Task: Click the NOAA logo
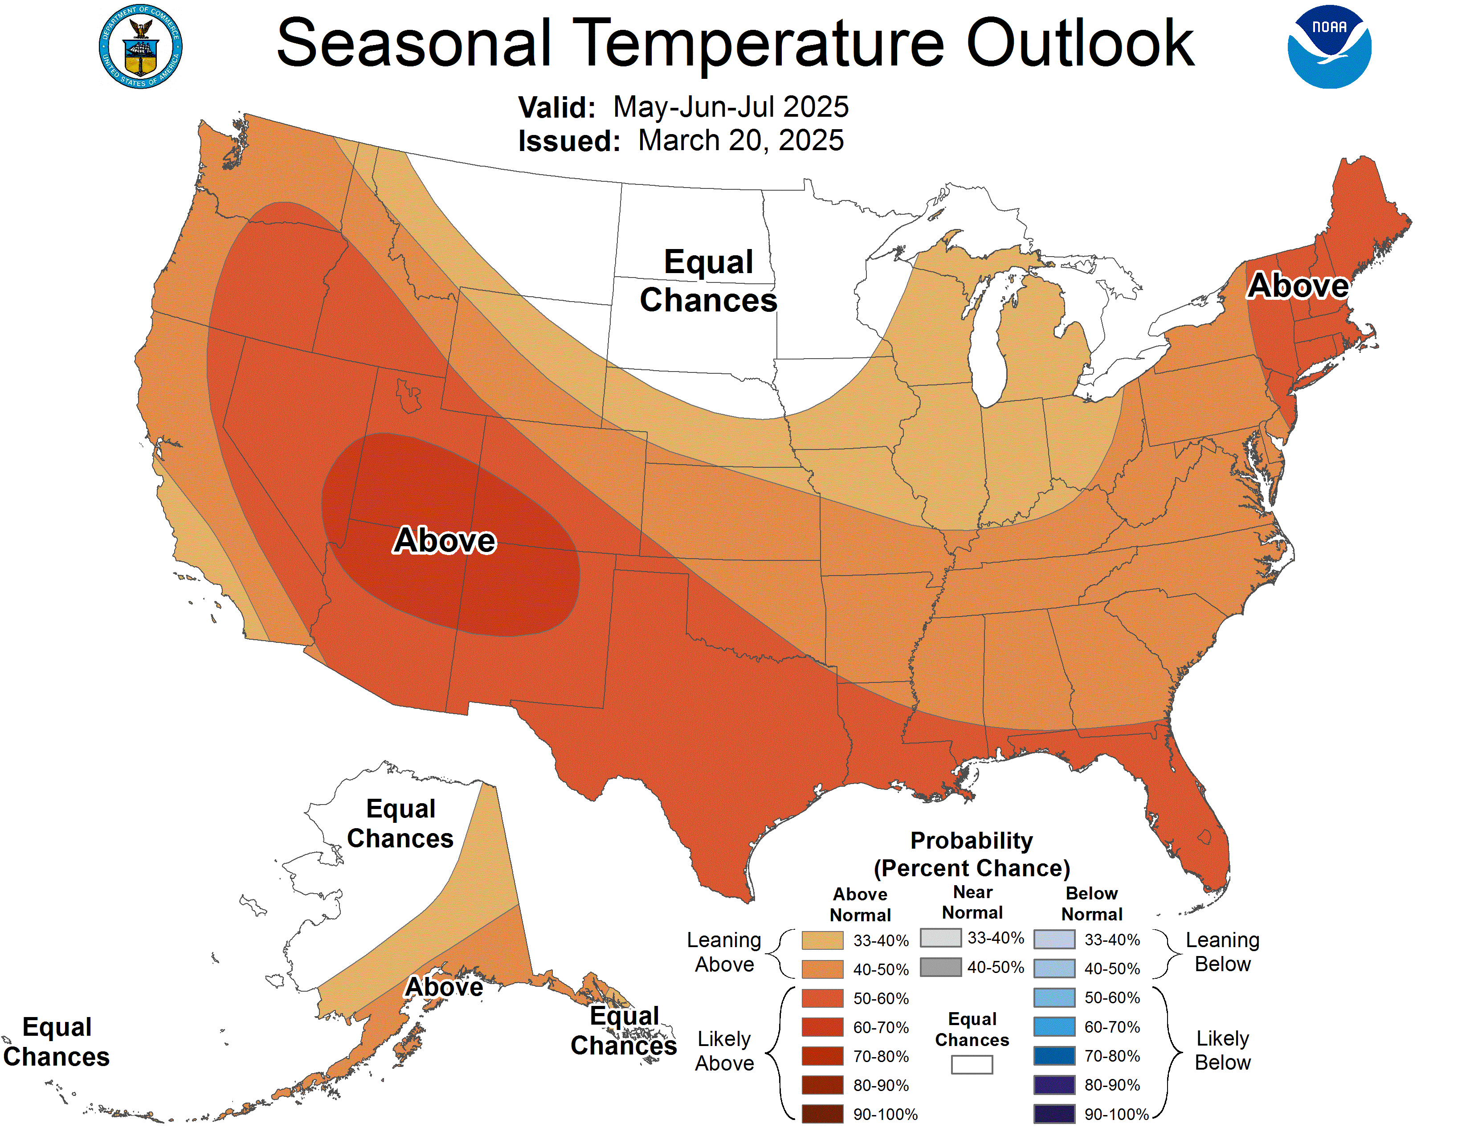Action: (x=1329, y=47)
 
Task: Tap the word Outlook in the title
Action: (x=1080, y=44)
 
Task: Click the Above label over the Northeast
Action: (x=1298, y=286)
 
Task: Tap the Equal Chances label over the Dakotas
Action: (x=708, y=281)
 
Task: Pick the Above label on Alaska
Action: (x=444, y=987)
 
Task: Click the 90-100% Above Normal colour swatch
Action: (x=822, y=1114)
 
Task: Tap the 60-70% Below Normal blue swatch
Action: (x=1053, y=1027)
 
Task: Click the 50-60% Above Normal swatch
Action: (x=822, y=998)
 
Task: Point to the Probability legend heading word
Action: (x=971, y=841)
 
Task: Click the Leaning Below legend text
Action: (x=1222, y=952)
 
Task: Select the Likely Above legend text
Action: (x=724, y=1050)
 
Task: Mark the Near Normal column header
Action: (x=972, y=903)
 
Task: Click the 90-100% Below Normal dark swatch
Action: (x=1053, y=1114)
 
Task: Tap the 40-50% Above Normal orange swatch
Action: (x=822, y=969)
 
